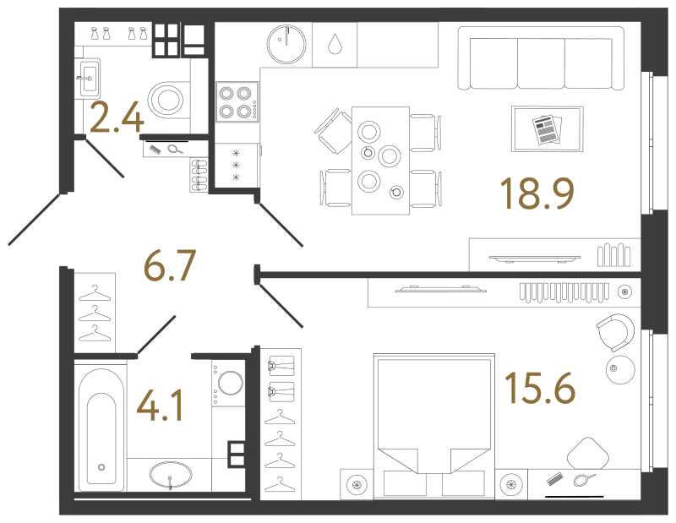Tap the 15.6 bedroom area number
tap(540, 389)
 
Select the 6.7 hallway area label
tap(170, 264)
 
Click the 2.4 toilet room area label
tap(117, 116)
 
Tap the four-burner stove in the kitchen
tap(237, 101)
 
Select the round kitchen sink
tap(286, 45)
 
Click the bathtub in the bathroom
tap(101, 430)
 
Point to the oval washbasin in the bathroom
tap(171, 475)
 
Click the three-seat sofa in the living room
tap(541, 58)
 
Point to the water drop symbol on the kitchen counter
tap(335, 44)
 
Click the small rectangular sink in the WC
tap(90, 78)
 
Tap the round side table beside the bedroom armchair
tap(620, 369)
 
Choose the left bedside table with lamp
tap(357, 484)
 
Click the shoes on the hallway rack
tap(199, 175)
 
